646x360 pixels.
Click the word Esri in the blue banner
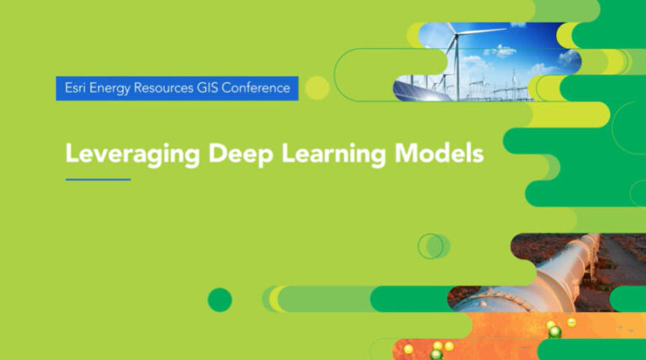pos(74,87)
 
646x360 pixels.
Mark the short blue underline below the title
pos(98,178)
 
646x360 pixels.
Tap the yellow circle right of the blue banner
pos(316,87)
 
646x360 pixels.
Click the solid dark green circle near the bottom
pos(220,299)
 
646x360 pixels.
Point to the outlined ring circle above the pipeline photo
pos(431,246)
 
